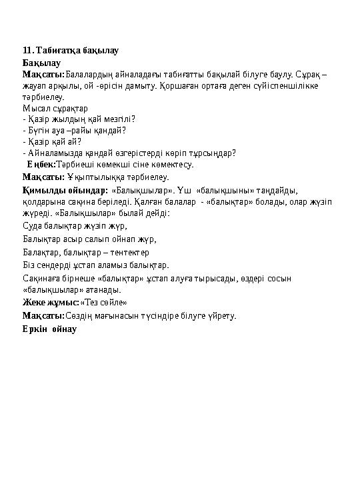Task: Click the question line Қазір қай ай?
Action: (52, 141)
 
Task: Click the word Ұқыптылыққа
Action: (93, 177)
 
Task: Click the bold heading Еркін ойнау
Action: (50, 329)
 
